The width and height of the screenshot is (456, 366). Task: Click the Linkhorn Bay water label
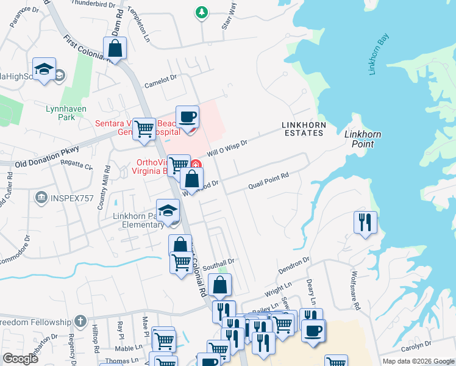click(x=378, y=55)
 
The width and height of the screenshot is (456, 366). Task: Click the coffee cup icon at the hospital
click(x=188, y=116)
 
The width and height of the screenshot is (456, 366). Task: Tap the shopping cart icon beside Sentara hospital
click(x=144, y=128)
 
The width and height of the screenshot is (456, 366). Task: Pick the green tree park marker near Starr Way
click(x=201, y=12)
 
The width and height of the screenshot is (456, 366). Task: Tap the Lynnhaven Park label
click(x=66, y=112)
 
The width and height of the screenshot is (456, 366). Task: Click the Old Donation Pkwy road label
click(x=48, y=163)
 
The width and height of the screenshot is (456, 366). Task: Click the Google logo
click(x=20, y=359)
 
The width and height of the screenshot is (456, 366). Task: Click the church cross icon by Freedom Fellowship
click(x=80, y=321)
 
